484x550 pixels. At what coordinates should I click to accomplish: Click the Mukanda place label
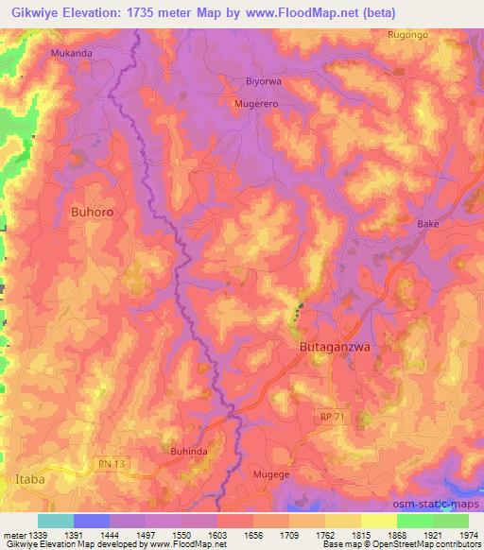[73, 53]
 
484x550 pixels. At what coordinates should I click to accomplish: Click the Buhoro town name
[93, 213]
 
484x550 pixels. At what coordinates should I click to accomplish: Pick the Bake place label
[428, 224]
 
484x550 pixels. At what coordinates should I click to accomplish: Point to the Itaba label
[28, 480]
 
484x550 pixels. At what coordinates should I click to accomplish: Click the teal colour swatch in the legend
[56, 521]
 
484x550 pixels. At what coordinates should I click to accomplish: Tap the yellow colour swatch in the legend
[378, 521]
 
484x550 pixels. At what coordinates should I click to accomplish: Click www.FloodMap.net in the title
[298, 12]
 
